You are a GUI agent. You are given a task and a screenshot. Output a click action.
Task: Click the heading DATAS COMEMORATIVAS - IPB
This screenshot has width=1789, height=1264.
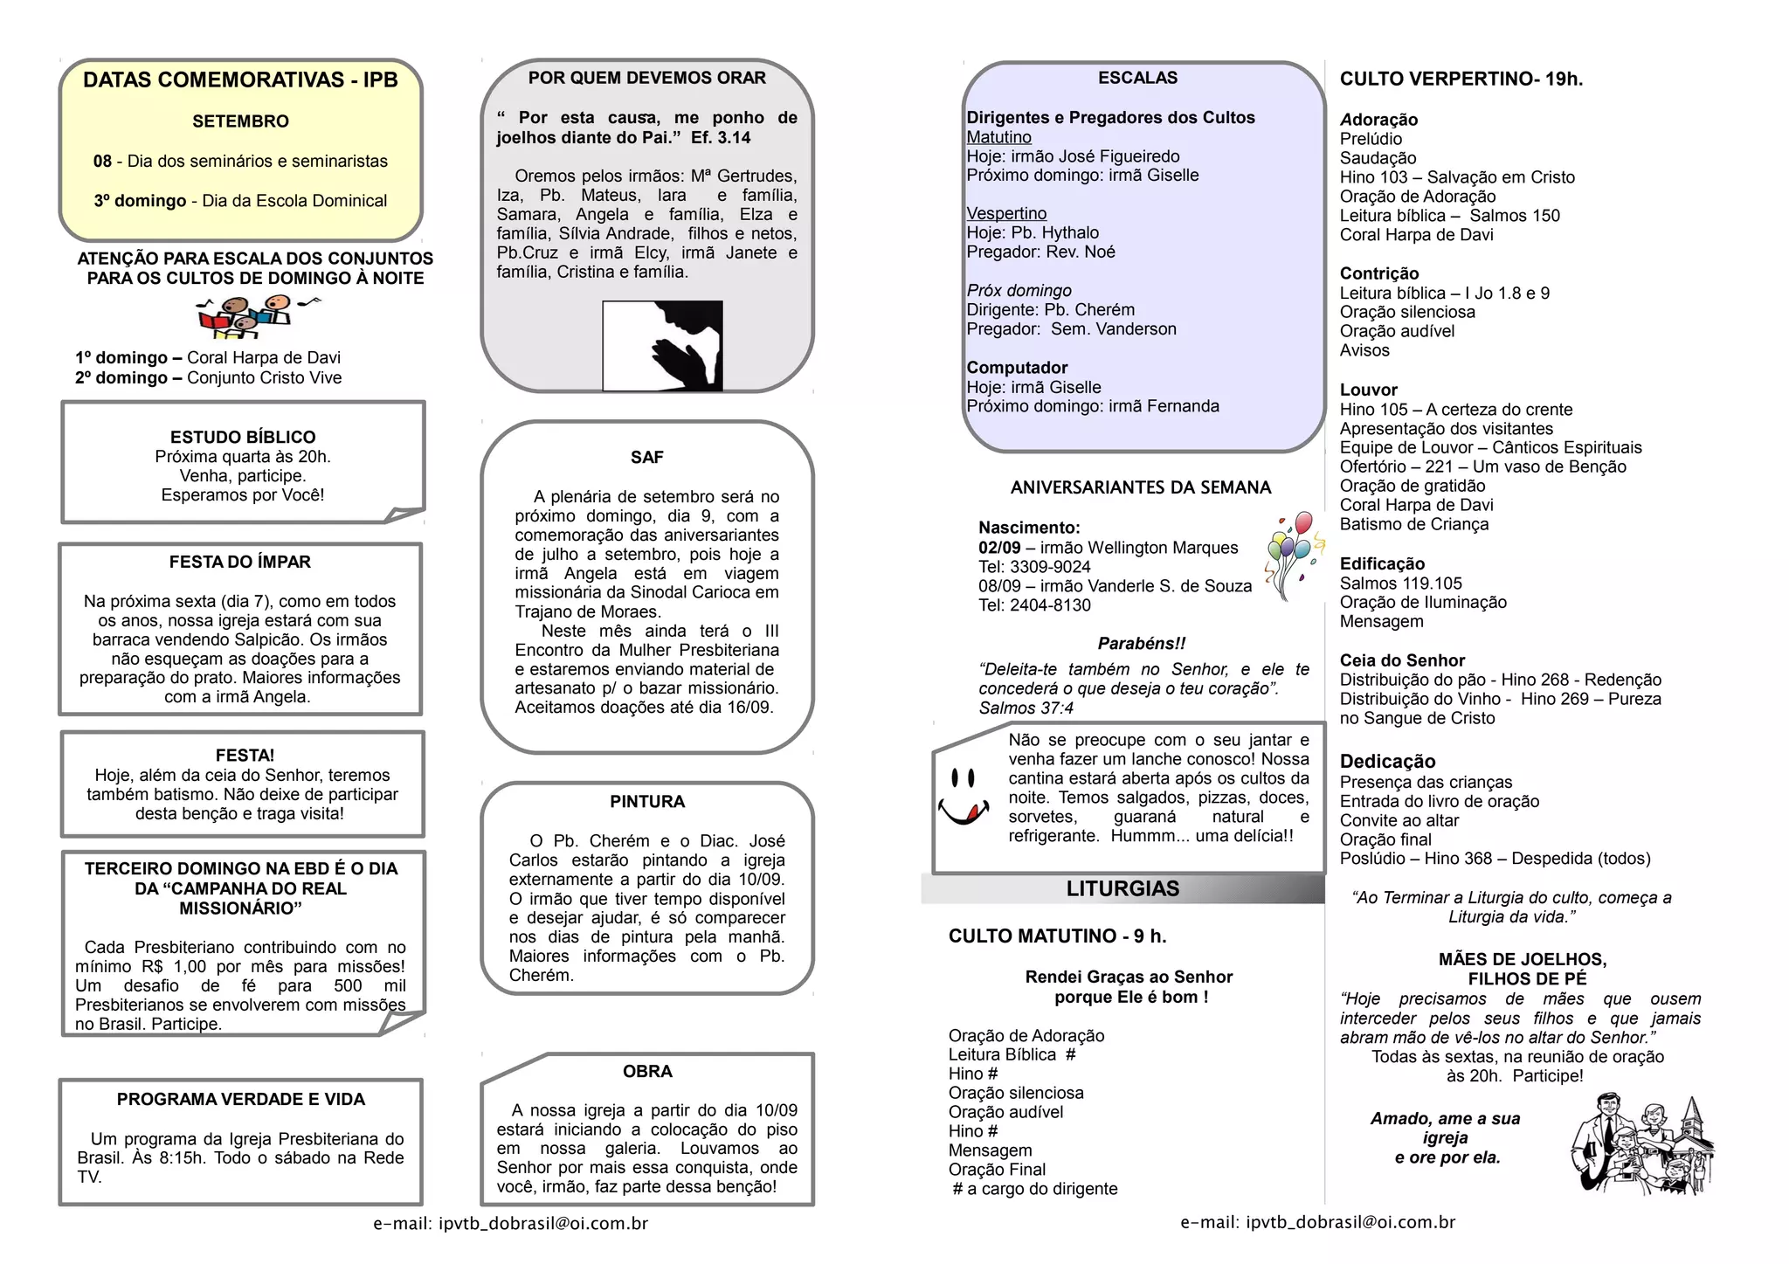tap(240, 80)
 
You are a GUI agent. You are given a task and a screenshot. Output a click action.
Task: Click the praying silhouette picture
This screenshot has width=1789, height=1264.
tap(663, 345)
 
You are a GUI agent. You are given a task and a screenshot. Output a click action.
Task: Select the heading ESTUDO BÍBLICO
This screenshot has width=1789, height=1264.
tap(243, 437)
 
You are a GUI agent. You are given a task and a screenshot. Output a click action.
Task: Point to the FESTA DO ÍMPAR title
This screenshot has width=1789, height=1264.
tap(240, 562)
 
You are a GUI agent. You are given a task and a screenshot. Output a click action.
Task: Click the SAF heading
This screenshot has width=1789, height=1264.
tap(647, 457)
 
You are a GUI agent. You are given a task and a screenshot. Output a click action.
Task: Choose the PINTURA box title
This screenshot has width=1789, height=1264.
tap(647, 802)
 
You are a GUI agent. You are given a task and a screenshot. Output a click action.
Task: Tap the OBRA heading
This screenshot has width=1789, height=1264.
tap(647, 1072)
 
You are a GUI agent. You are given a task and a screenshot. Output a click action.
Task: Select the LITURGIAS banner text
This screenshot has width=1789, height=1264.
tap(1122, 889)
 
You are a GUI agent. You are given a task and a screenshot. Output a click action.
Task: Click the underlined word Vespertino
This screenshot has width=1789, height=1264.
tap(1006, 214)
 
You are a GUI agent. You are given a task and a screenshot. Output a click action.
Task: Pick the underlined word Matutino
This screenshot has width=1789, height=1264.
tap(998, 137)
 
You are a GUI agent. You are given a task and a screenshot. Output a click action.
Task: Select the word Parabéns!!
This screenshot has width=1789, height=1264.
tap(1142, 644)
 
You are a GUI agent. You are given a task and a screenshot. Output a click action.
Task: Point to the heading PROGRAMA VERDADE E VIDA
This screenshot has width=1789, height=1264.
tap(241, 1100)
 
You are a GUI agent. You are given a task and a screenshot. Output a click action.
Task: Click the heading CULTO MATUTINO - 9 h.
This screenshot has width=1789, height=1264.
tap(1057, 936)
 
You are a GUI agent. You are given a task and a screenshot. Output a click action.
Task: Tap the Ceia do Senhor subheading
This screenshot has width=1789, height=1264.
tap(1402, 661)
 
